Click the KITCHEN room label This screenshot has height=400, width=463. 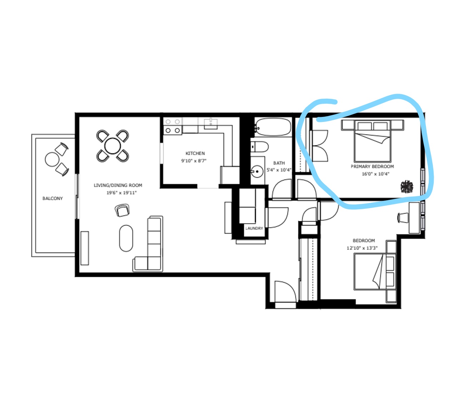pyautogui.click(x=195, y=153)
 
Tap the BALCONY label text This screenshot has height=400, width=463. pyautogui.click(x=53, y=198)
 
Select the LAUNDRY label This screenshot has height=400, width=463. pyautogui.click(x=254, y=228)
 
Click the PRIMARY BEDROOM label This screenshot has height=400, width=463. pyautogui.click(x=372, y=167)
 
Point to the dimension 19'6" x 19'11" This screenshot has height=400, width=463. pyautogui.click(x=121, y=193)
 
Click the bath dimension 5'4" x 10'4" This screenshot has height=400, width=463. pyautogui.click(x=279, y=170)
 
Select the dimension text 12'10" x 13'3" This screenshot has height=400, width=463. pyautogui.click(x=362, y=248)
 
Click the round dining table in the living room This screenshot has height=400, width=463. pyautogui.click(x=113, y=146)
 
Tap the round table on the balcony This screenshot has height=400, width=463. pyautogui.click(x=52, y=159)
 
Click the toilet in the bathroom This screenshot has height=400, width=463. pyautogui.click(x=260, y=147)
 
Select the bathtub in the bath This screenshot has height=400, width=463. pyautogui.click(x=273, y=127)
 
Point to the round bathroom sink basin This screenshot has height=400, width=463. pyautogui.click(x=257, y=172)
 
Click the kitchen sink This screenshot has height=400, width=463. pyautogui.click(x=210, y=124)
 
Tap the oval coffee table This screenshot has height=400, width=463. pyautogui.click(x=126, y=238)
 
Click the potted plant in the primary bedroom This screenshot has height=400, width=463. pyautogui.click(x=407, y=187)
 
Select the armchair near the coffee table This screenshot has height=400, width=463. pyautogui.click(x=122, y=210)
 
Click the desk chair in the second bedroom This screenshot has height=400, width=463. pyautogui.click(x=403, y=218)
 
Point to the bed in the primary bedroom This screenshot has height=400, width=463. pyautogui.click(x=373, y=141)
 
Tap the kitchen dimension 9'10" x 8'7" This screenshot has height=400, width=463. pyautogui.click(x=194, y=161)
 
